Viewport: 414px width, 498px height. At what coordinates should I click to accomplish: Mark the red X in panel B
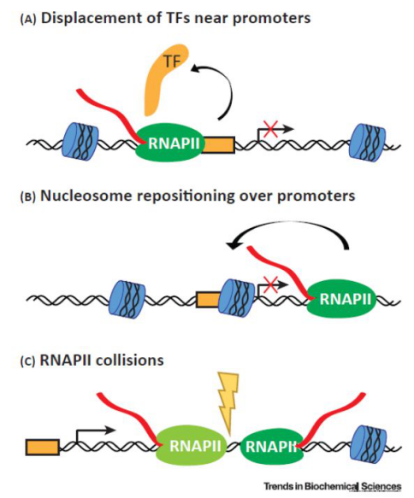[x=271, y=283]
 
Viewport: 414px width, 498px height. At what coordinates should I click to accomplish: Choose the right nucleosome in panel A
[x=366, y=140]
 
